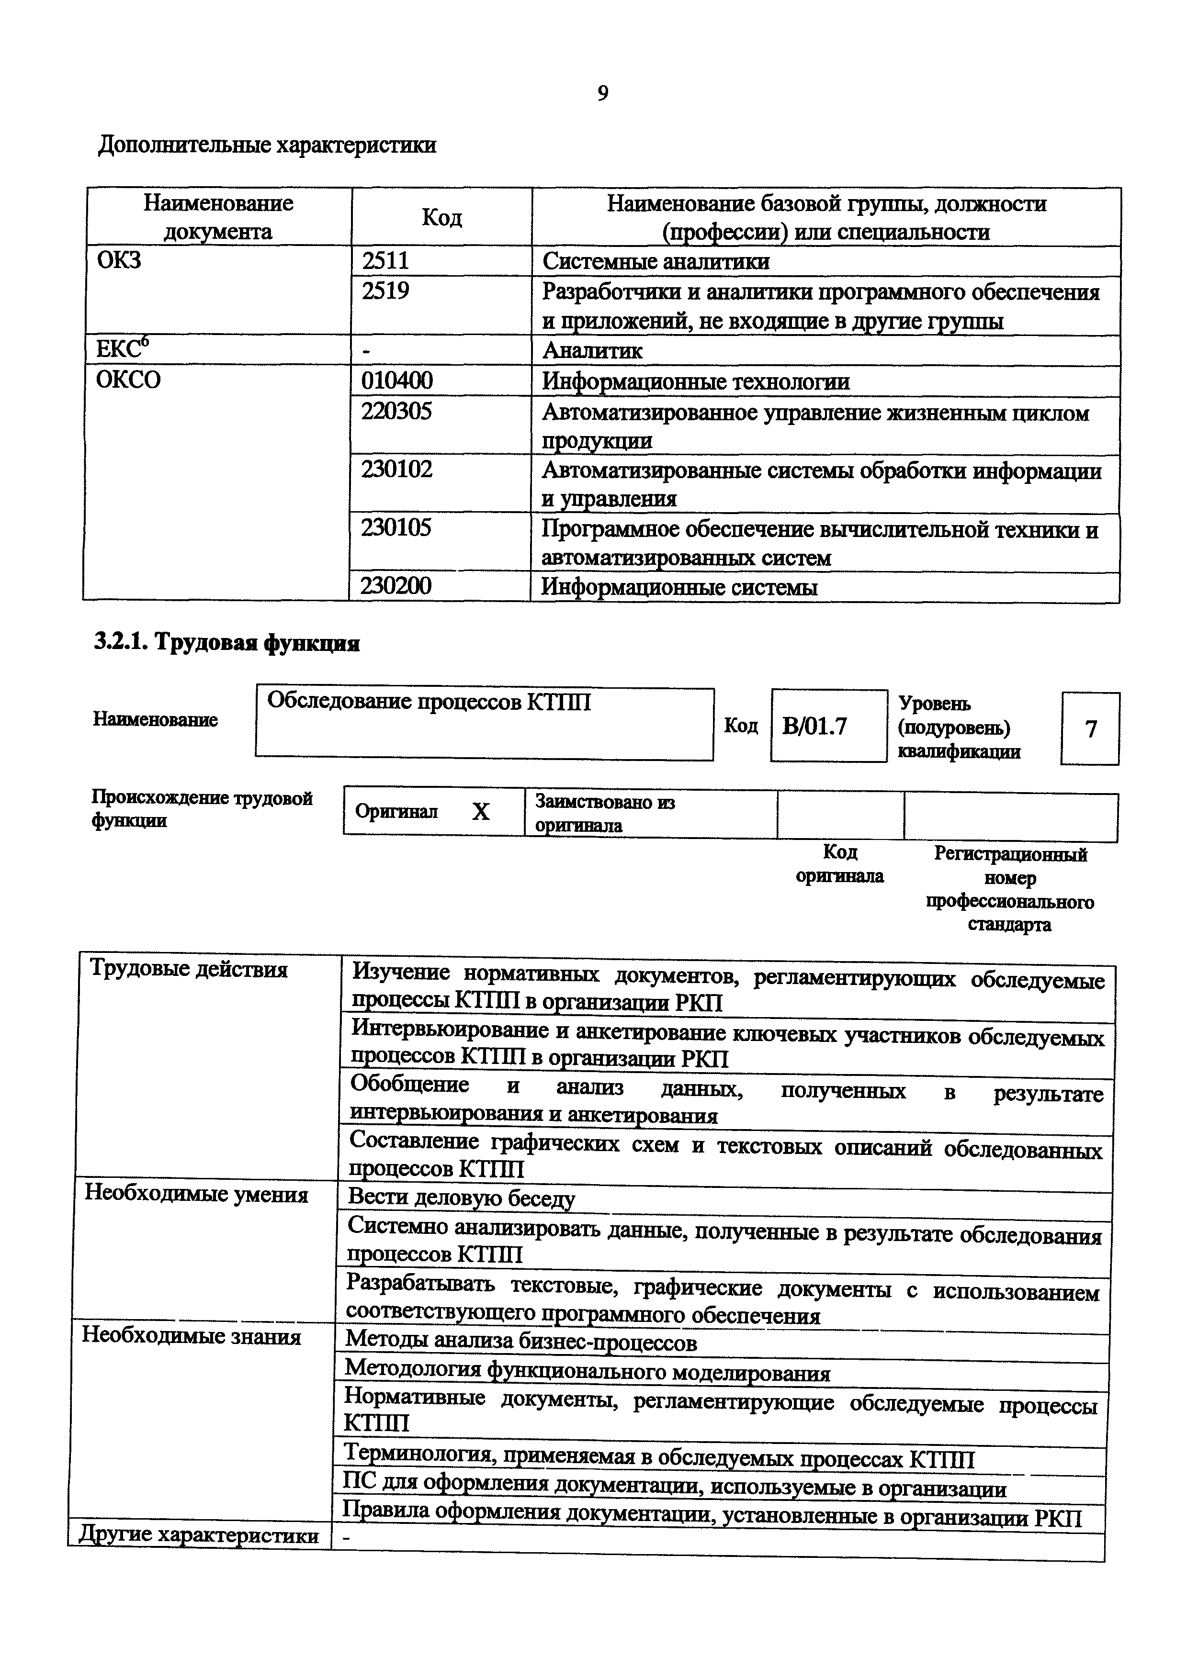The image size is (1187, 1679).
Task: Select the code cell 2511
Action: [x=385, y=260]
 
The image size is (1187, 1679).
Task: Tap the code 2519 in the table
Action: [x=385, y=291]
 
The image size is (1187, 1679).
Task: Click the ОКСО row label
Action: [x=129, y=380]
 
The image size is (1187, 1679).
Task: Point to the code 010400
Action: [x=397, y=380]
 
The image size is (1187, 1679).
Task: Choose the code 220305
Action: [x=396, y=411]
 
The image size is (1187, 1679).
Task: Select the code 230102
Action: [x=396, y=469]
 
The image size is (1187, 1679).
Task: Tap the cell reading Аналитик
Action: [x=592, y=351]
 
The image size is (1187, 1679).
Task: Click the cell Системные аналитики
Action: [x=656, y=261]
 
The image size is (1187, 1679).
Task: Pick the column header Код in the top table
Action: [x=442, y=217]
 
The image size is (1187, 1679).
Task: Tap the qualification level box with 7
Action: [x=1090, y=728]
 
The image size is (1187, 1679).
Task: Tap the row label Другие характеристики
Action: [x=198, y=1534]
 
